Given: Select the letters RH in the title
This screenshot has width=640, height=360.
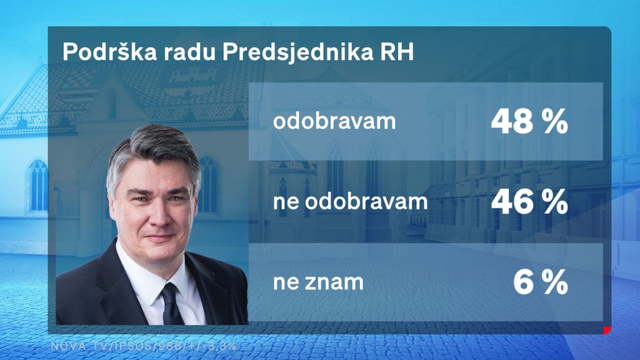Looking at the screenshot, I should [x=397, y=54].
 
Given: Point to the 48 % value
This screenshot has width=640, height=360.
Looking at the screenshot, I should [x=529, y=122].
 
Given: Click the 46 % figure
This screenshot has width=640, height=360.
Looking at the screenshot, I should [x=529, y=202].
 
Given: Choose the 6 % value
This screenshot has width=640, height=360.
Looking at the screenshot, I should [x=540, y=283].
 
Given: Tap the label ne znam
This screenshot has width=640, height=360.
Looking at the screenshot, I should [x=317, y=282].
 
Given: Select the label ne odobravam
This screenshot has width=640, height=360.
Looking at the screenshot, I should [x=350, y=202].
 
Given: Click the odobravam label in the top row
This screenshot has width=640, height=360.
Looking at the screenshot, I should [x=334, y=121].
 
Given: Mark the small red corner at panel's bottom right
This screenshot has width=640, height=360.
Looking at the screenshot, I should [x=606, y=329].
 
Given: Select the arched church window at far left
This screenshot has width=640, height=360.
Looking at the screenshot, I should [x=38, y=185].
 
